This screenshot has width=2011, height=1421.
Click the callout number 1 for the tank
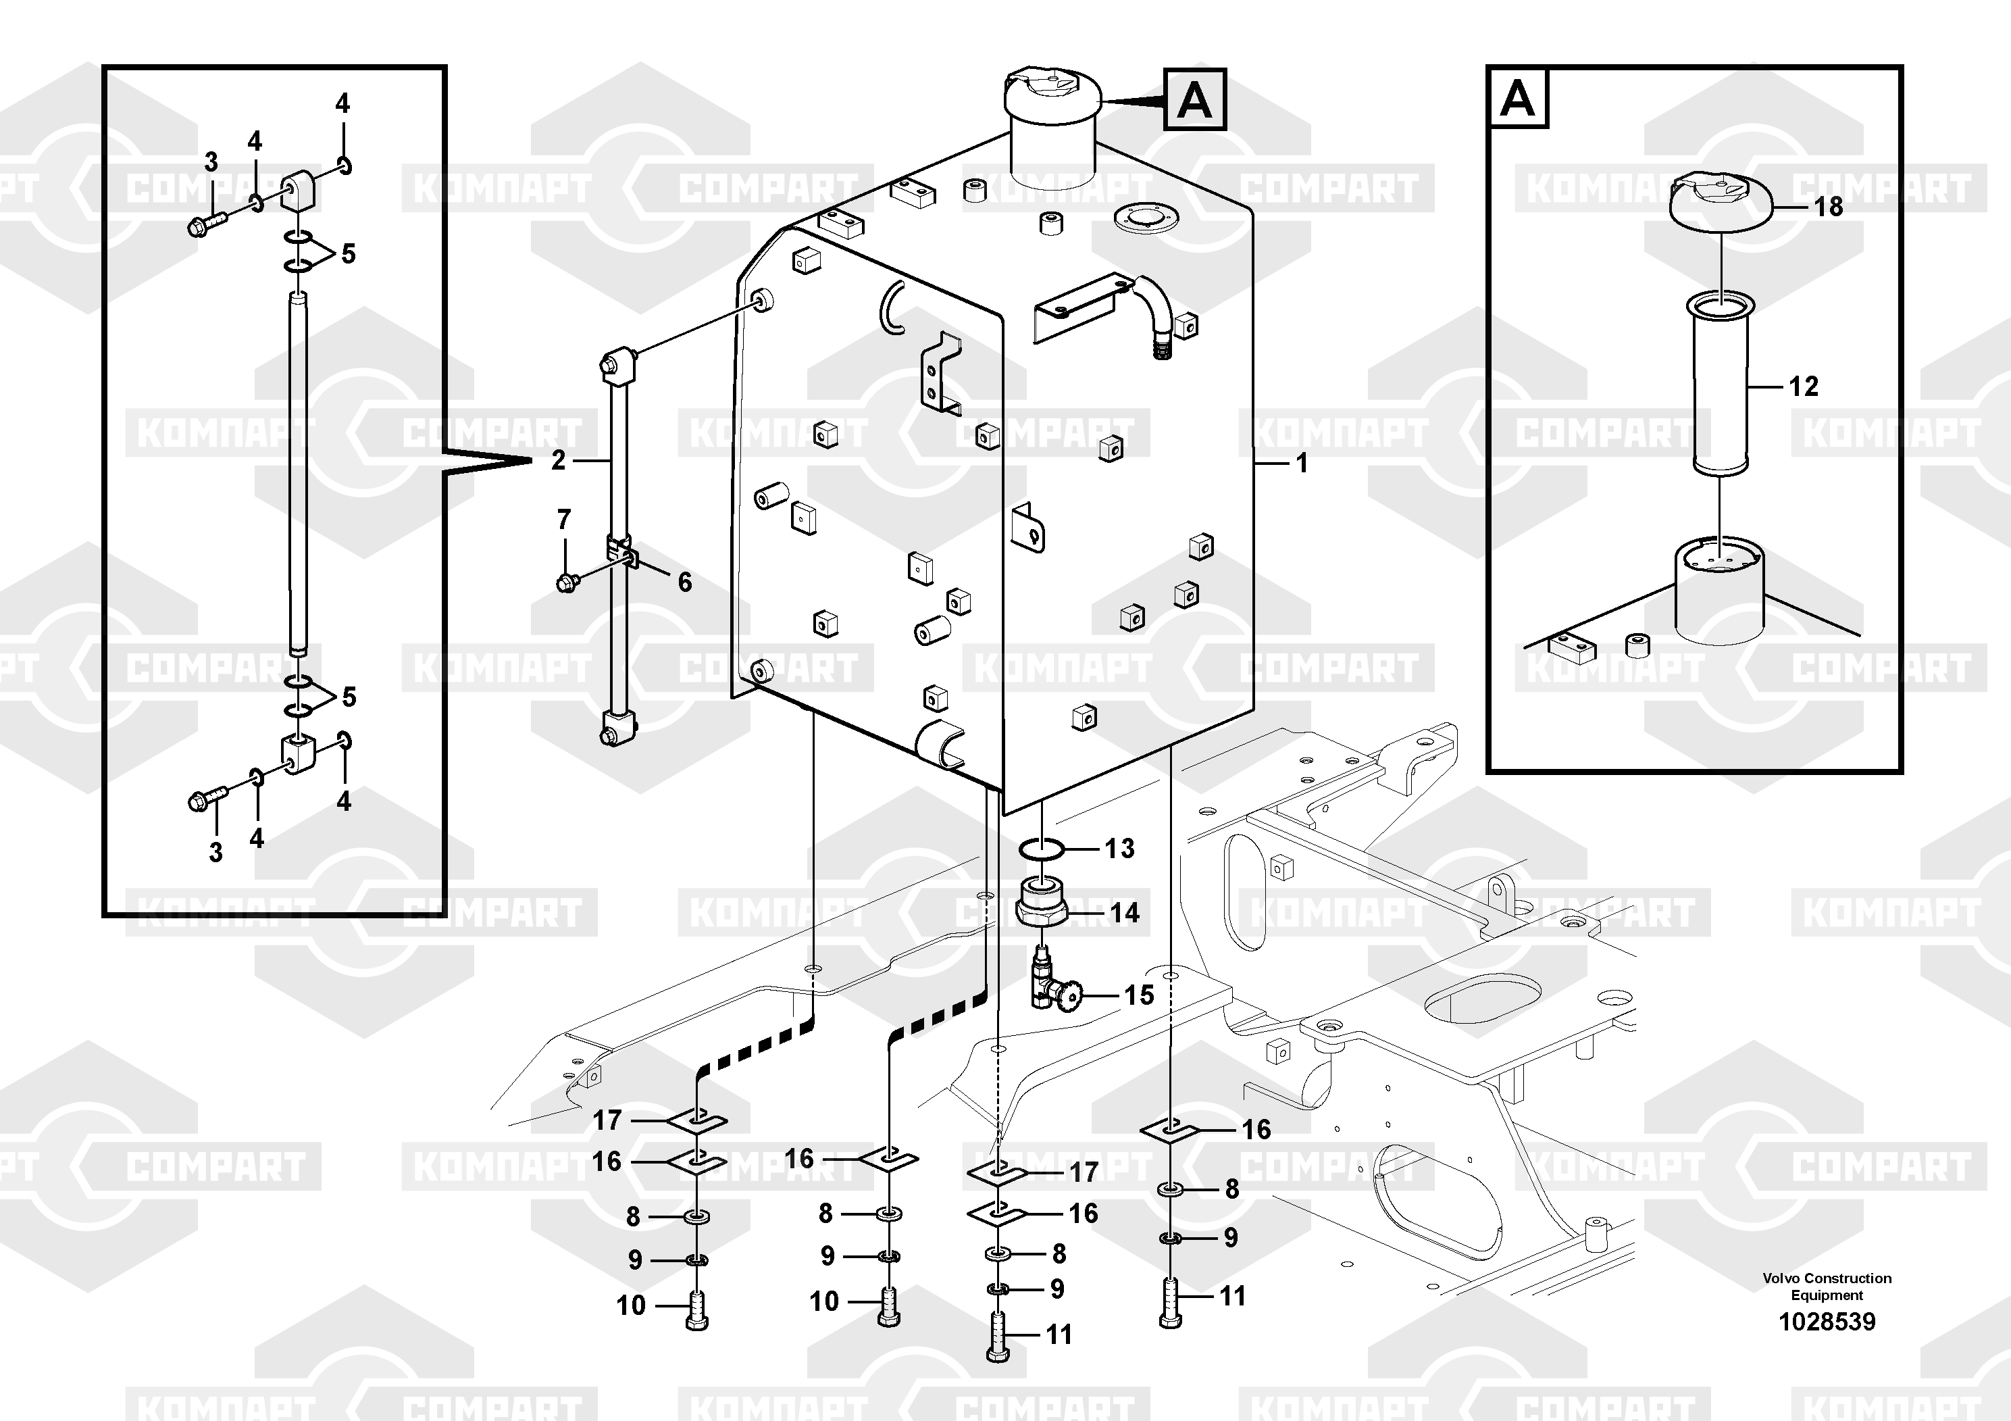(x=1302, y=463)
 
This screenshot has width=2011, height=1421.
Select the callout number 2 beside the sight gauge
(x=558, y=460)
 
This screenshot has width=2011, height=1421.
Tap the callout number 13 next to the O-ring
(x=1119, y=848)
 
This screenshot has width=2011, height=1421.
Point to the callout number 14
(x=1125, y=913)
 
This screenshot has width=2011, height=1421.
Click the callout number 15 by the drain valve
(x=1139, y=995)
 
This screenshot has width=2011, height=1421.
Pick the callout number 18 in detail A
(x=1828, y=207)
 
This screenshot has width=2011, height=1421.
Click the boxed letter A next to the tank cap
(x=1195, y=100)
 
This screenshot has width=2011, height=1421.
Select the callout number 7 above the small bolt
(x=564, y=520)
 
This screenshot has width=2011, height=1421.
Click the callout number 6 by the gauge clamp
(x=684, y=582)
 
